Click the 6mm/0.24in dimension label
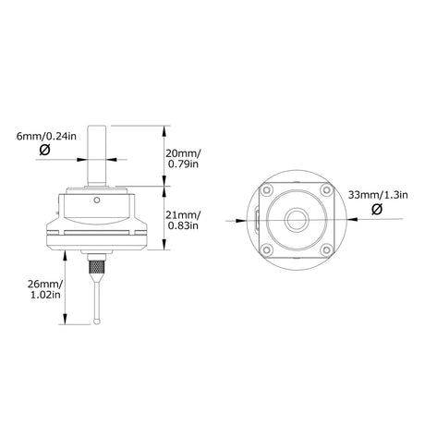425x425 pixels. click(46, 136)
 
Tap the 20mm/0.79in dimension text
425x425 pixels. click(183, 158)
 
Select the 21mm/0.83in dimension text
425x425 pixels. click(183, 220)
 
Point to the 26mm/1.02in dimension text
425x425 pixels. click(45, 289)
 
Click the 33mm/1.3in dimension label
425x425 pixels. click(378, 195)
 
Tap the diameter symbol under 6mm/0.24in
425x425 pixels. click(45, 150)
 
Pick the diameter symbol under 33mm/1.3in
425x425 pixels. click(377, 210)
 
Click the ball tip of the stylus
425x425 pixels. click(97, 322)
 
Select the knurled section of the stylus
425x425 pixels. click(97, 267)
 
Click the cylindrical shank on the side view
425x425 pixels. click(97, 155)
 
